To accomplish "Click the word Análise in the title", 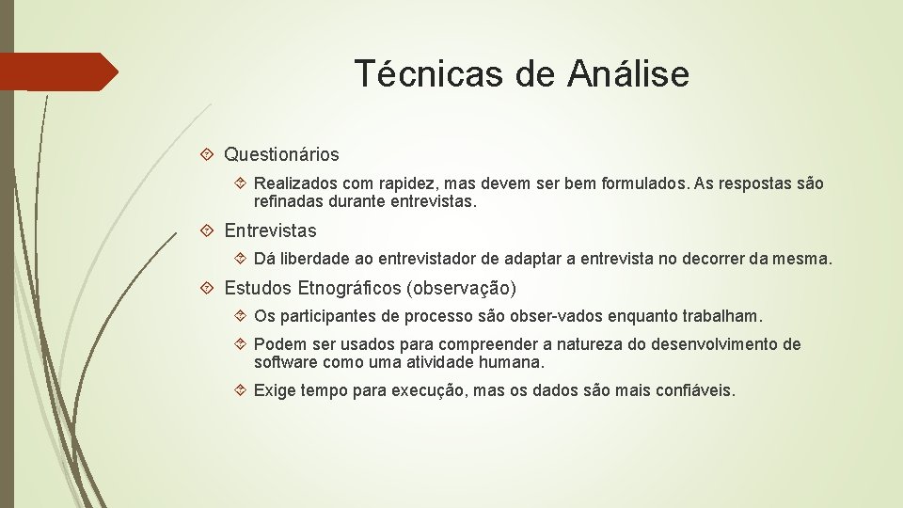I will [628, 73].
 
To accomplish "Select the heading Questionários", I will [281, 153].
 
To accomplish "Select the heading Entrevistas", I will [270, 230].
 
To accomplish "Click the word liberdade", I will [314, 259].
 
